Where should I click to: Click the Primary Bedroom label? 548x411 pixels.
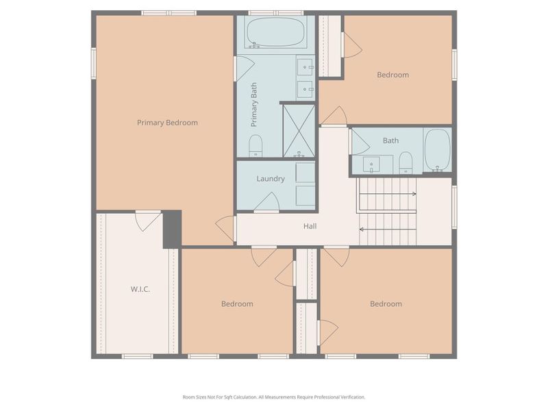[167, 123]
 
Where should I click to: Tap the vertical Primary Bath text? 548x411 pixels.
[254, 104]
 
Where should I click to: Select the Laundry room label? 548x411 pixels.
[271, 179]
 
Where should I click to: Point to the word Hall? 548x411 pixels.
[310, 226]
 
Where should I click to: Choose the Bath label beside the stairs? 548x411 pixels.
[390, 140]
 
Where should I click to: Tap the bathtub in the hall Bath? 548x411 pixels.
[437, 150]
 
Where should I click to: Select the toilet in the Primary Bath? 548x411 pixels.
[256, 145]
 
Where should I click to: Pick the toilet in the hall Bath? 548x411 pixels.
[406, 162]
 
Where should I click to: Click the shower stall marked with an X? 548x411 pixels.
[299, 130]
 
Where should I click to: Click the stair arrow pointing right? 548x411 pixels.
[387, 194]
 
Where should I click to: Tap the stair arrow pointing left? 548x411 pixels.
[387, 229]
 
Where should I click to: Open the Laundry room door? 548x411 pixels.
[266, 203]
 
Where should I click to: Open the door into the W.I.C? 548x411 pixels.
[147, 220]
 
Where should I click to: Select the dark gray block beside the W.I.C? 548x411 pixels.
[171, 229]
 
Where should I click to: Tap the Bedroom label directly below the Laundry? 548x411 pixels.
[237, 303]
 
